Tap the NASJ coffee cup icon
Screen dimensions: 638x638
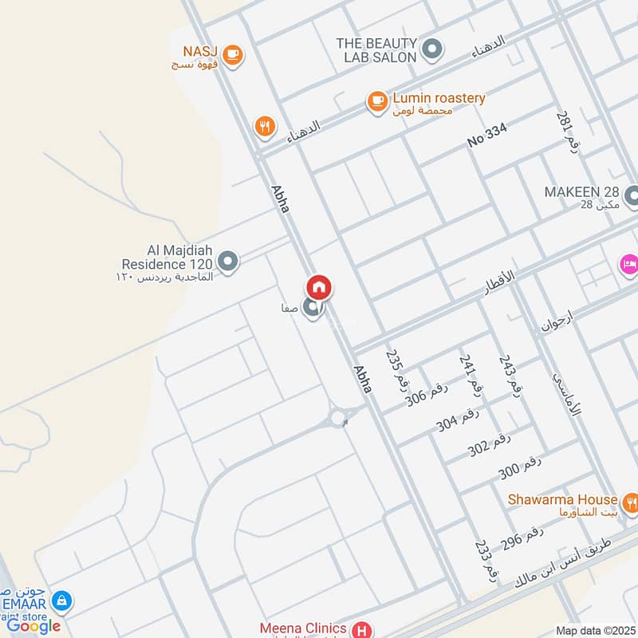tap(232, 54)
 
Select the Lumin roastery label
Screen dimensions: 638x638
tap(437, 98)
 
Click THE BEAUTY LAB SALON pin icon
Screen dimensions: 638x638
tap(431, 49)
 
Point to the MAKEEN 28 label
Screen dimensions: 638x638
tap(581, 192)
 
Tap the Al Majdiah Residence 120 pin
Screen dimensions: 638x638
tap(228, 262)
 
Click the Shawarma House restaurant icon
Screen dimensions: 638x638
tap(632, 502)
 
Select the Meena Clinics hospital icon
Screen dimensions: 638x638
tap(363, 629)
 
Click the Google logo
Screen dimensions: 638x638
tap(33, 625)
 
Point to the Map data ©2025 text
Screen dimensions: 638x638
tap(594, 631)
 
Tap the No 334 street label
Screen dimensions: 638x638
tap(486, 136)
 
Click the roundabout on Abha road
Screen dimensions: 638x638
tap(338, 417)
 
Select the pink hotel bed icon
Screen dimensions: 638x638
tap(628, 263)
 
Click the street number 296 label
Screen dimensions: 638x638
tap(523, 540)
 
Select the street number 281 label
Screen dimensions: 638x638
tap(569, 132)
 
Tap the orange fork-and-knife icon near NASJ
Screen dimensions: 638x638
tap(265, 126)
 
